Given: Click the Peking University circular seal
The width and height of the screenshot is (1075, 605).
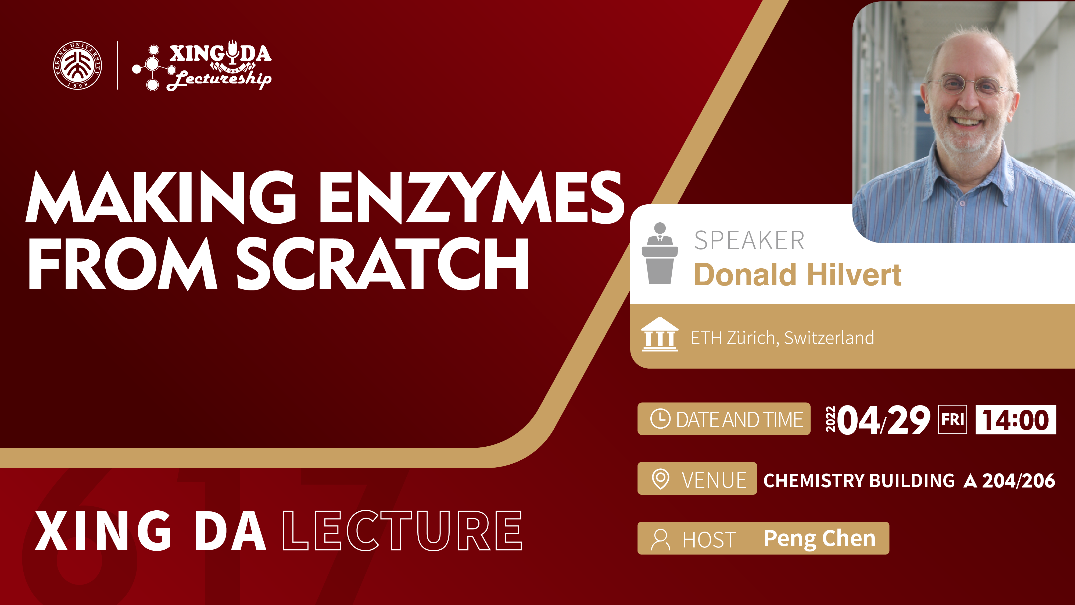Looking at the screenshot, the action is click(78, 65).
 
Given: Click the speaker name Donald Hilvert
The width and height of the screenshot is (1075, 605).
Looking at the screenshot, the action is click(797, 275).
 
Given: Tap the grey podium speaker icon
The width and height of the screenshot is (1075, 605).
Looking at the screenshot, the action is click(660, 254).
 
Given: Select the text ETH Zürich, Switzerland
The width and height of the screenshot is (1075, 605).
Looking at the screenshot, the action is click(782, 338).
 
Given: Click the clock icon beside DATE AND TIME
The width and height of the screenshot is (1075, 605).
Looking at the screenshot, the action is click(661, 419).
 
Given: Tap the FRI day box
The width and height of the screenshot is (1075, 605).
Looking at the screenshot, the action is click(952, 419).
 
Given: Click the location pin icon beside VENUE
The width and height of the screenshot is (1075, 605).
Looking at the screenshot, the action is click(661, 479).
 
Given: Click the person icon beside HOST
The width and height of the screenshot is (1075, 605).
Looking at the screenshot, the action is click(661, 539).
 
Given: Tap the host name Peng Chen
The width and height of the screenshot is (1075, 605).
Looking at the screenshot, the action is click(819, 539).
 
